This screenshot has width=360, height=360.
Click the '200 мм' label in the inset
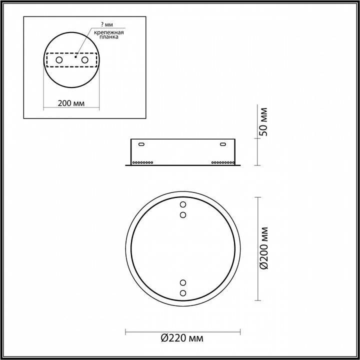click(70, 103)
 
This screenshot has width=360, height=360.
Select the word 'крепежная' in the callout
click(105, 31)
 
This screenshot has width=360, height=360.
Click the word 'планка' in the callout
click(105, 37)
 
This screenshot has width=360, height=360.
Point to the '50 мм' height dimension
click(264, 121)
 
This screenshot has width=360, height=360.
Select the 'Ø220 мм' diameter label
click(182, 338)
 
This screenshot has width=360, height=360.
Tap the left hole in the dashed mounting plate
click(59, 60)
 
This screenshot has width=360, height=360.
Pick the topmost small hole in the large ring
click(182, 205)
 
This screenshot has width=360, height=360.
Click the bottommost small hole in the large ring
click(182, 293)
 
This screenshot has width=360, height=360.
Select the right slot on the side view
click(222, 145)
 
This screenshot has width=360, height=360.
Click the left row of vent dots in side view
click(143, 162)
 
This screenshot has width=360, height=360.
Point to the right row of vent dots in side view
click(222, 162)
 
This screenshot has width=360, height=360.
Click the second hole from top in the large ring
click(182, 214)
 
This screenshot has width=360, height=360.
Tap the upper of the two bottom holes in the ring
click(182, 283)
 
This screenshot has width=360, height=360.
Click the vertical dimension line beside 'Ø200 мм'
click(257, 248)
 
